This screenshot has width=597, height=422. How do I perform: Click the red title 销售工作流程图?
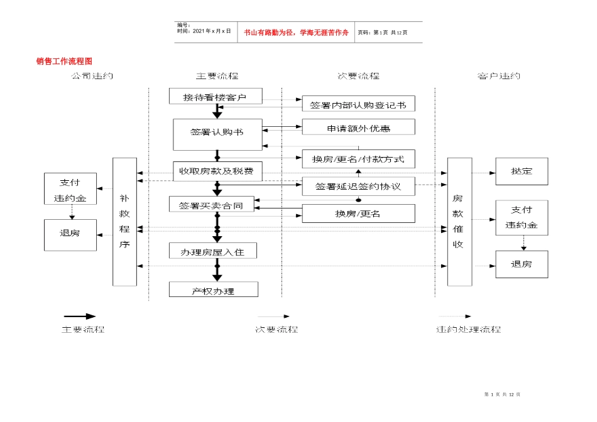(64, 62)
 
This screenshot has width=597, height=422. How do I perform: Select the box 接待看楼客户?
(214, 97)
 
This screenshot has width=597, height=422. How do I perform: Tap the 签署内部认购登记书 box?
(358, 104)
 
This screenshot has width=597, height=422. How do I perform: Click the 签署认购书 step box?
(217, 134)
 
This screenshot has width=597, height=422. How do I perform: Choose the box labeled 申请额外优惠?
(358, 127)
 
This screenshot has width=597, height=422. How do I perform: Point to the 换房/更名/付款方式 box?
(358, 159)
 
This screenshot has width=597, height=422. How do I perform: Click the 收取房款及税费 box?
(217, 171)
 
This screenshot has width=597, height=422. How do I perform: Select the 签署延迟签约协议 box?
(358, 187)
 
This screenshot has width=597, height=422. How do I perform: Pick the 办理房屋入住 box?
(213, 251)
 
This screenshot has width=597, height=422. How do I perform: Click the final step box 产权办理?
(213, 290)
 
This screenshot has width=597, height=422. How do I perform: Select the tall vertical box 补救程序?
(124, 221)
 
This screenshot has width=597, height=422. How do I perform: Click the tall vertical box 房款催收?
(459, 221)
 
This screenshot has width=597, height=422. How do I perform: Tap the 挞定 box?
(522, 171)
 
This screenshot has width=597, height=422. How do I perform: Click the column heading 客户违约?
(498, 76)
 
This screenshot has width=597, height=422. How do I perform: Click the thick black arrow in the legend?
(79, 316)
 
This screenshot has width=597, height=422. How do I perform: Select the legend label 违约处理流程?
(468, 329)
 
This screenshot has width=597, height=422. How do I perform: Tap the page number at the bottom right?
(503, 394)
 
